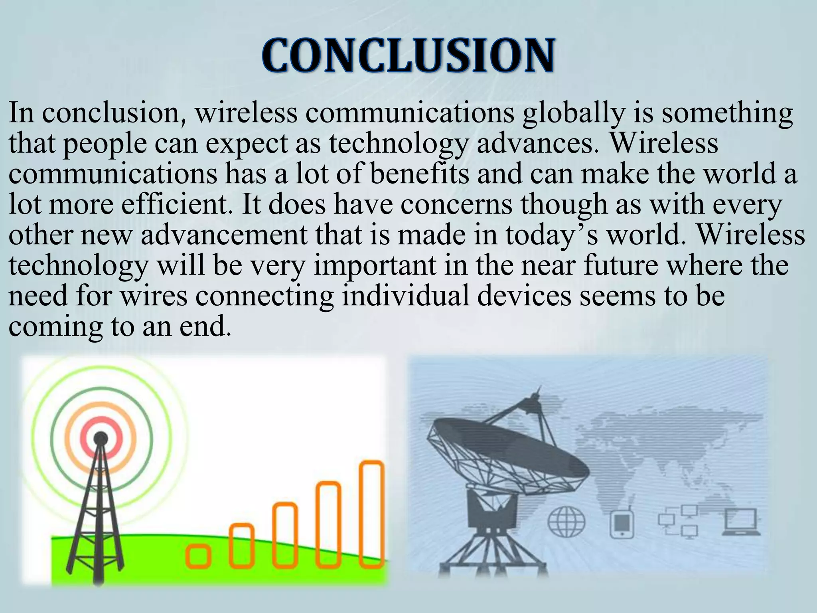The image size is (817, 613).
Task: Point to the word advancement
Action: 224,235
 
